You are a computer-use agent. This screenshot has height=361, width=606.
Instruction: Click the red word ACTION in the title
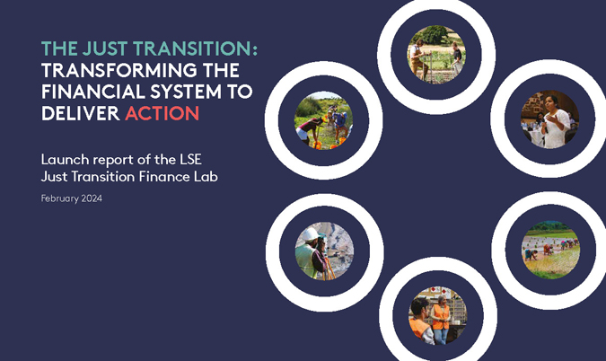click(x=162, y=114)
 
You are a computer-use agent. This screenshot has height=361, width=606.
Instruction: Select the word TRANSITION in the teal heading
click(x=195, y=48)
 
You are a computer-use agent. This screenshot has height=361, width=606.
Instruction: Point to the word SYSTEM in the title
click(x=186, y=92)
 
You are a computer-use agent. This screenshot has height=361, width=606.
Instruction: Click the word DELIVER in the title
click(x=81, y=114)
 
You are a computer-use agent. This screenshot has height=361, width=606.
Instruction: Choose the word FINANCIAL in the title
click(x=92, y=92)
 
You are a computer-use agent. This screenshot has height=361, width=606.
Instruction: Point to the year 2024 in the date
click(x=92, y=198)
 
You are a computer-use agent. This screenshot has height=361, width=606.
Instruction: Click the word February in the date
click(x=60, y=199)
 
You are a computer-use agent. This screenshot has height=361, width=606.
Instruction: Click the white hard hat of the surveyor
click(x=310, y=234)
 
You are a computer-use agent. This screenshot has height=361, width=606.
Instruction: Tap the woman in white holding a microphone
click(x=555, y=121)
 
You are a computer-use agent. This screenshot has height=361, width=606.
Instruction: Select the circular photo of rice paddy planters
click(x=550, y=250)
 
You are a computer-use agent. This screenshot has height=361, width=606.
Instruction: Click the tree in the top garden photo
click(x=435, y=35)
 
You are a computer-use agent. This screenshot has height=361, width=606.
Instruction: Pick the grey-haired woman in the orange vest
click(x=441, y=320)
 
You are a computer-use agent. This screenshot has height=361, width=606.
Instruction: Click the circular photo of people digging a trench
click(x=324, y=120)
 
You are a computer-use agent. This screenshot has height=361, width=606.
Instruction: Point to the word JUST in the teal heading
click(x=105, y=48)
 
